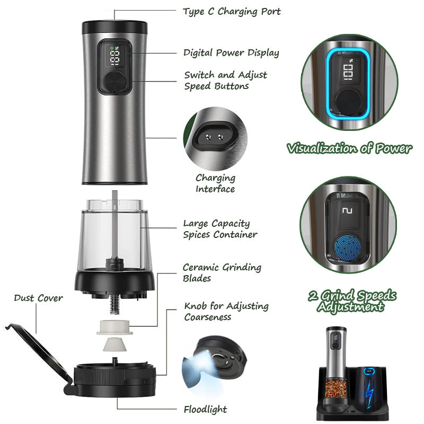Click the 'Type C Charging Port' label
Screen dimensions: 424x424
coord(232,12)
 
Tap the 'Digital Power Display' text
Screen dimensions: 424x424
coord(231,52)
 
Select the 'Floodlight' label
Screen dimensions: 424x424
coord(206,409)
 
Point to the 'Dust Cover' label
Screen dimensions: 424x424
coord(38,298)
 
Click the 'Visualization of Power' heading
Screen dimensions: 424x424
coord(349,148)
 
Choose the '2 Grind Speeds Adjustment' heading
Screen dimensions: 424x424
coord(352,301)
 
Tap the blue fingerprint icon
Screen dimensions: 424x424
coord(348,249)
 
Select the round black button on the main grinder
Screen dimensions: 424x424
coord(115,81)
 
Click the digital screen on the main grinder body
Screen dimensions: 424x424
coord(114,56)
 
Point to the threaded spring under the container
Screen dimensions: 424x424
coord(114,304)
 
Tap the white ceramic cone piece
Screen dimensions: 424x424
coord(114,344)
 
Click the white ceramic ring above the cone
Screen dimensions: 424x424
coord(114,327)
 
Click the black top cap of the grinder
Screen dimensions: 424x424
coord(114,27)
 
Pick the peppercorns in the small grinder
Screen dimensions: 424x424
coord(335,388)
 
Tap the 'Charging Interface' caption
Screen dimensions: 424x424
coord(215,183)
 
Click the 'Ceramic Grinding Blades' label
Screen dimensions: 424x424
coord(222,272)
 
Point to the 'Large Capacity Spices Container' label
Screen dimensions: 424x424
coord(220,229)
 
